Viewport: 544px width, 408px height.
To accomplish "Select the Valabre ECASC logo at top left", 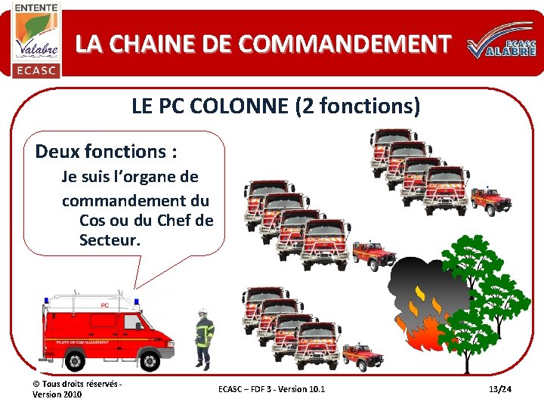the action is click(36, 39).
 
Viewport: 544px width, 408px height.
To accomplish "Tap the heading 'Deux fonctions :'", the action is click(107, 151).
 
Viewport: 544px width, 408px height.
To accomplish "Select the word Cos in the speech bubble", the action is click(92, 221).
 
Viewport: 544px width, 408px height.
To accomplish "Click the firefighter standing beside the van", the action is click(204, 338).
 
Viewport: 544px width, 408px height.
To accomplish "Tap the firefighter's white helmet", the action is click(202, 312).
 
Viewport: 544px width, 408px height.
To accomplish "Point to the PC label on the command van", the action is click(104, 305).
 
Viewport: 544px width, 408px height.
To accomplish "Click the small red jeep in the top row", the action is click(491, 200).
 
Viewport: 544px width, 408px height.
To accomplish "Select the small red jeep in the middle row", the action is click(373, 254).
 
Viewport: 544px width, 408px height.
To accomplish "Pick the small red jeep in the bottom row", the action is click(362, 356).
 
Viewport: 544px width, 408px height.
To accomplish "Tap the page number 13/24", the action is click(500, 389).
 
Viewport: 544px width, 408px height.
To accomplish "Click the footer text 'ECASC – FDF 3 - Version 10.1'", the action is click(271, 389).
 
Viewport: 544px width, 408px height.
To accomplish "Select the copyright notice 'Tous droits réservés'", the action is click(82, 385).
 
